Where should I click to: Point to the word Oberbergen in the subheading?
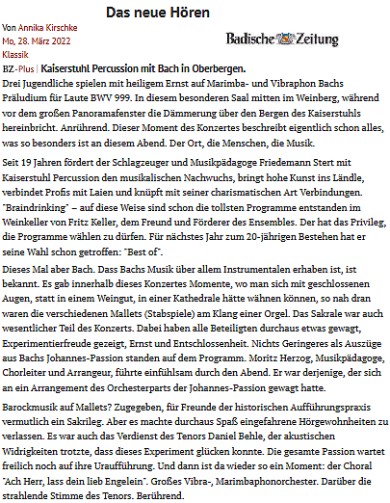217,69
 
